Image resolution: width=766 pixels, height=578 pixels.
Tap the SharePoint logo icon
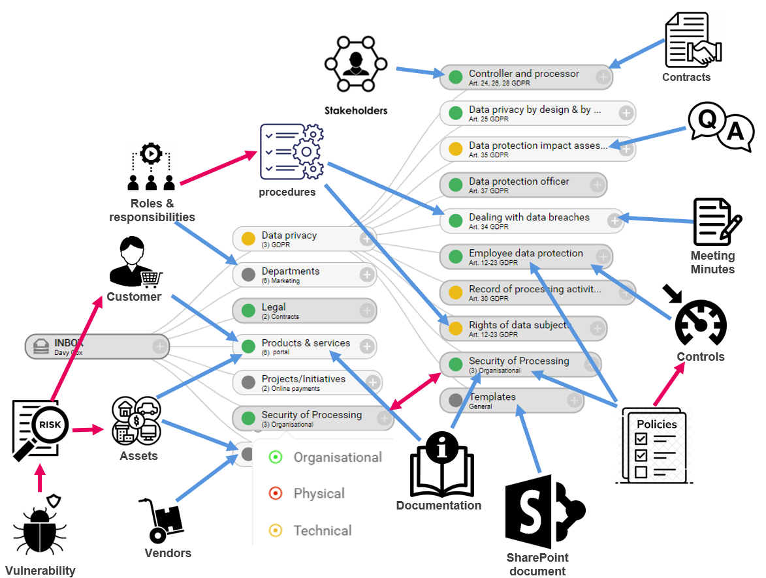545,512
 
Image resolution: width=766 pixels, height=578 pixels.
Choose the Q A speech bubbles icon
720,128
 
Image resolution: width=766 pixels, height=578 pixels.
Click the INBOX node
97,346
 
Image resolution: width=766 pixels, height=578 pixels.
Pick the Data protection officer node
523,185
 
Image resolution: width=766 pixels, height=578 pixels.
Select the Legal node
304,311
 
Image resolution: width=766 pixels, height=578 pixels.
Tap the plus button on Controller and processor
604,77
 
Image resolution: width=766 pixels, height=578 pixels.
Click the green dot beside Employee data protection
455,257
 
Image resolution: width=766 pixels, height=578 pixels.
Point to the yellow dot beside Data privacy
248,239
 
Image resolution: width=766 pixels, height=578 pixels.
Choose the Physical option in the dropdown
319,494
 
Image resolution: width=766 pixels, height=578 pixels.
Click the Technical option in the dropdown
322,530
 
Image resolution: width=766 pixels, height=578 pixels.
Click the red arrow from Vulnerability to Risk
40,478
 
